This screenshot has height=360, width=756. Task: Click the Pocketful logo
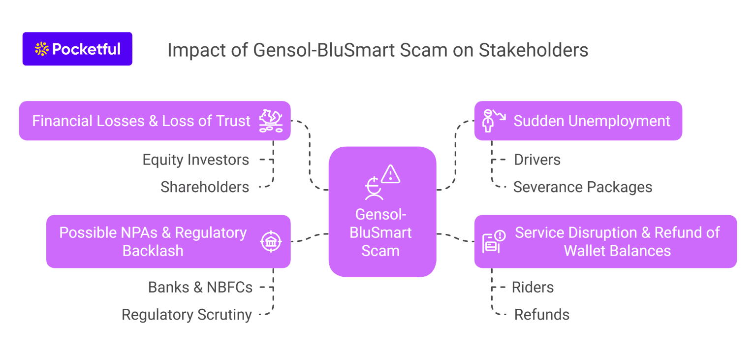coord(77,49)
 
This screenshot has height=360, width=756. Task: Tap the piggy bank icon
coord(271,121)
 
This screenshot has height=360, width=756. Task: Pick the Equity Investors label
coord(195,160)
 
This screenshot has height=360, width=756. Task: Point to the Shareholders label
coord(205,187)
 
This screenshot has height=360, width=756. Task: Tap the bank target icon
coord(271,242)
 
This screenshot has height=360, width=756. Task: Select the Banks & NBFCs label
coord(200,287)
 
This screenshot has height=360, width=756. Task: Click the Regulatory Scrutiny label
coord(187,315)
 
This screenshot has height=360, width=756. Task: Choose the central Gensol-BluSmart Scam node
coord(382,212)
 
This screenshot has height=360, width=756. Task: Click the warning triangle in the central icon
coord(390,174)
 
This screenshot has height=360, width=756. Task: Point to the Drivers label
coord(537,160)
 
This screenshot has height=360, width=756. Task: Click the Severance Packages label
coord(582,187)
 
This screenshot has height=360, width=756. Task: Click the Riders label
coord(533,287)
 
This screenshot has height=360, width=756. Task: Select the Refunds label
coord(541,315)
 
